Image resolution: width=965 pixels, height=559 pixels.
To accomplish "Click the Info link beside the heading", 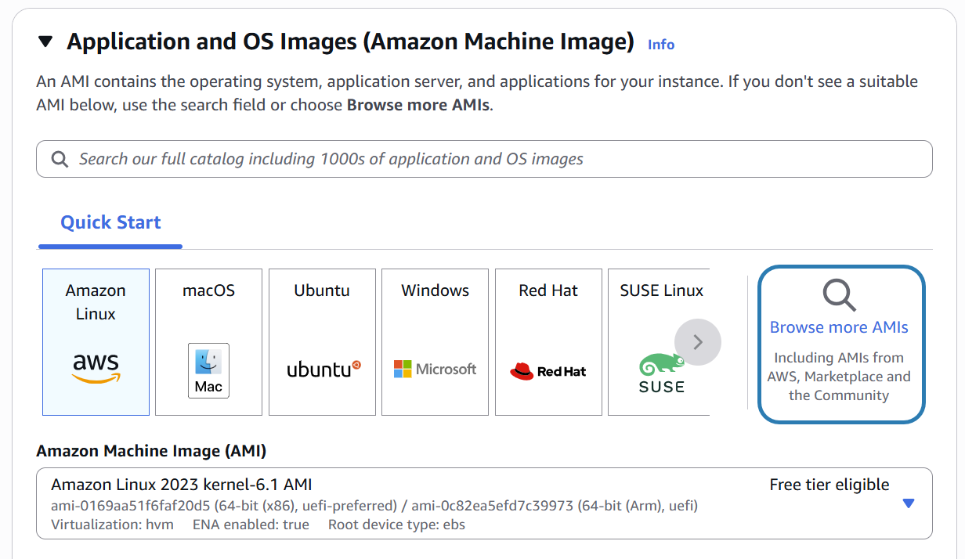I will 660,45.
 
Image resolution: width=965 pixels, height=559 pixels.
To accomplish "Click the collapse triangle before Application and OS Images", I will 46,41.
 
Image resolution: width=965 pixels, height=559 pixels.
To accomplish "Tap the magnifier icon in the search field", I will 60,160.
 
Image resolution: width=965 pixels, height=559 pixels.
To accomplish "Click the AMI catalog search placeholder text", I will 331,160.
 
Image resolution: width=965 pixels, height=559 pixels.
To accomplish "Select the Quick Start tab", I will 110,222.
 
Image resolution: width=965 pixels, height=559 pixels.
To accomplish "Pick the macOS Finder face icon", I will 208,362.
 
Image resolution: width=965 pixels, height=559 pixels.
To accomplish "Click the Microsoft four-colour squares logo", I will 403,369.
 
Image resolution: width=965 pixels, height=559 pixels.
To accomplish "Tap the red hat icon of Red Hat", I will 522,371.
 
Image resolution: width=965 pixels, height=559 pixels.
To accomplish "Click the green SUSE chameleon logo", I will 661,366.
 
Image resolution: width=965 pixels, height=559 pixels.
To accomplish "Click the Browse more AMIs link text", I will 839,327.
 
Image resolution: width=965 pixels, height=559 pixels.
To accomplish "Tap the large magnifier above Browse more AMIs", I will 839,295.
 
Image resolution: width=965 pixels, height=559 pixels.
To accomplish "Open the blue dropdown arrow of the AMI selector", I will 909,503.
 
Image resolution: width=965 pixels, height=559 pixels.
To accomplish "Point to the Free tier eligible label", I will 829,485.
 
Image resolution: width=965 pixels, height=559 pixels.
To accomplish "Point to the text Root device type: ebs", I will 396,525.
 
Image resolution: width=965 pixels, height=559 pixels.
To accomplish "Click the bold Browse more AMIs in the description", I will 418,105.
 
